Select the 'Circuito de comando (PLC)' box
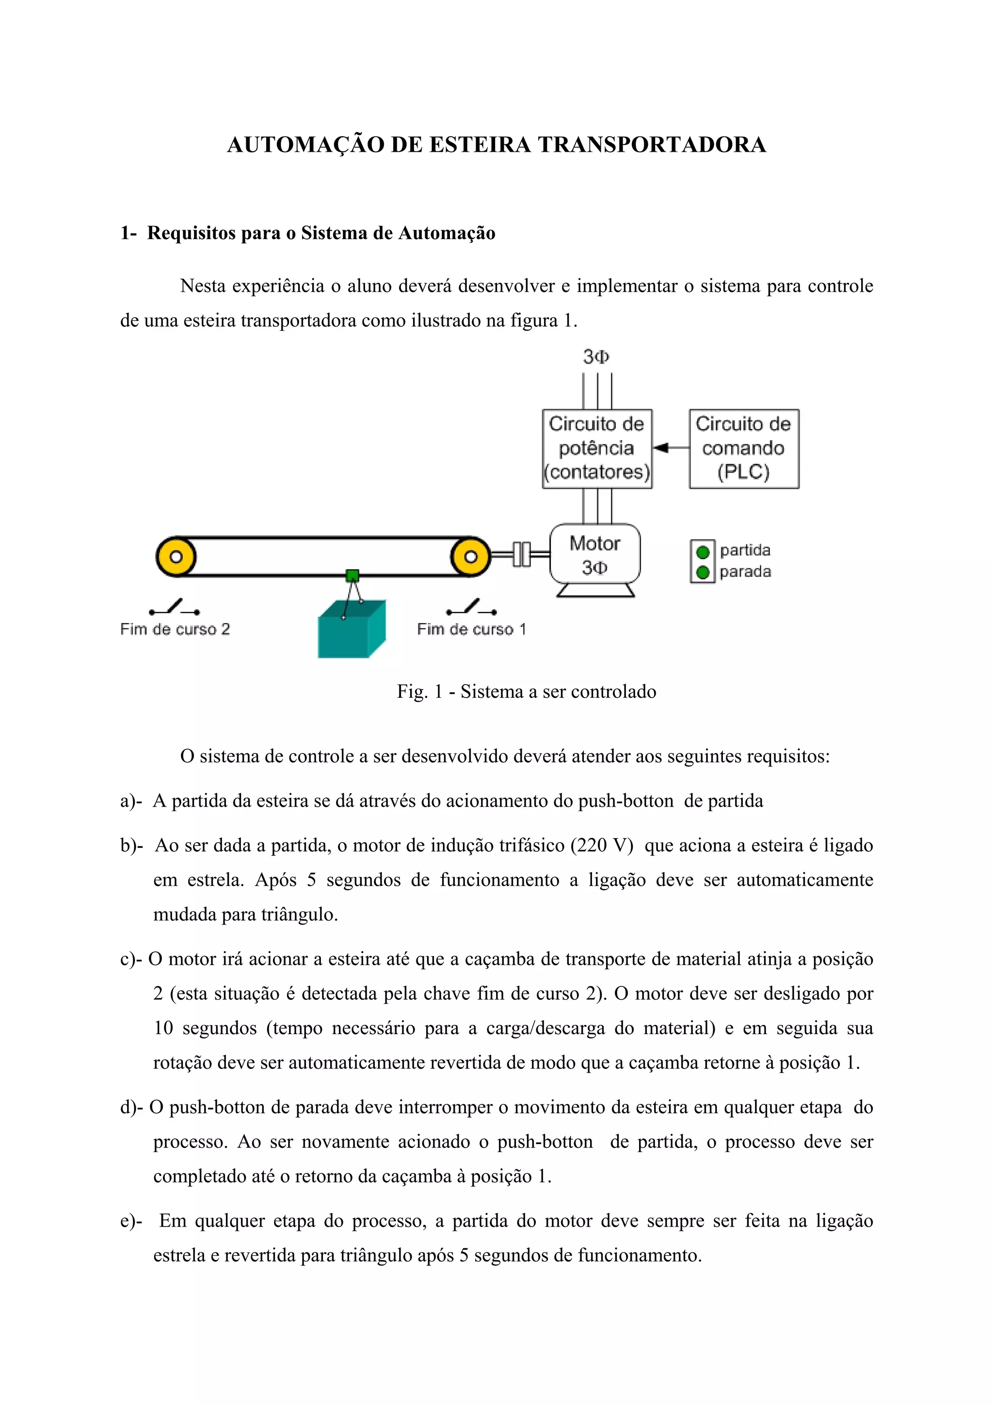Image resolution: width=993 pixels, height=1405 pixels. coord(743,448)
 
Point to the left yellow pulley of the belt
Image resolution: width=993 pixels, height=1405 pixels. coord(176,557)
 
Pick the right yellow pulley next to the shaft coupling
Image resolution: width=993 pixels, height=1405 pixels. coord(470,557)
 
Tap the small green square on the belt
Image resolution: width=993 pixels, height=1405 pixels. coord(352,575)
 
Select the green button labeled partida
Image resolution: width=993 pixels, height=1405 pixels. coord(703,552)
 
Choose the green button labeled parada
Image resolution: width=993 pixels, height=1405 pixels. coord(703,572)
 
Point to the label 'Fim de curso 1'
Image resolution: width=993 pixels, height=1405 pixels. coord(471,629)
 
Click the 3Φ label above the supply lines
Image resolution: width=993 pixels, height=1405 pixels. coord(596,357)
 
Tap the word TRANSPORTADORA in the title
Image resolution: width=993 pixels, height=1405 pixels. coord(652,145)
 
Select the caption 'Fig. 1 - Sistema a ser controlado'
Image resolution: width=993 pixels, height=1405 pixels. coord(526,691)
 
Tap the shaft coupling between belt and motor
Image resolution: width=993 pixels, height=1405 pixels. coord(521,555)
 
